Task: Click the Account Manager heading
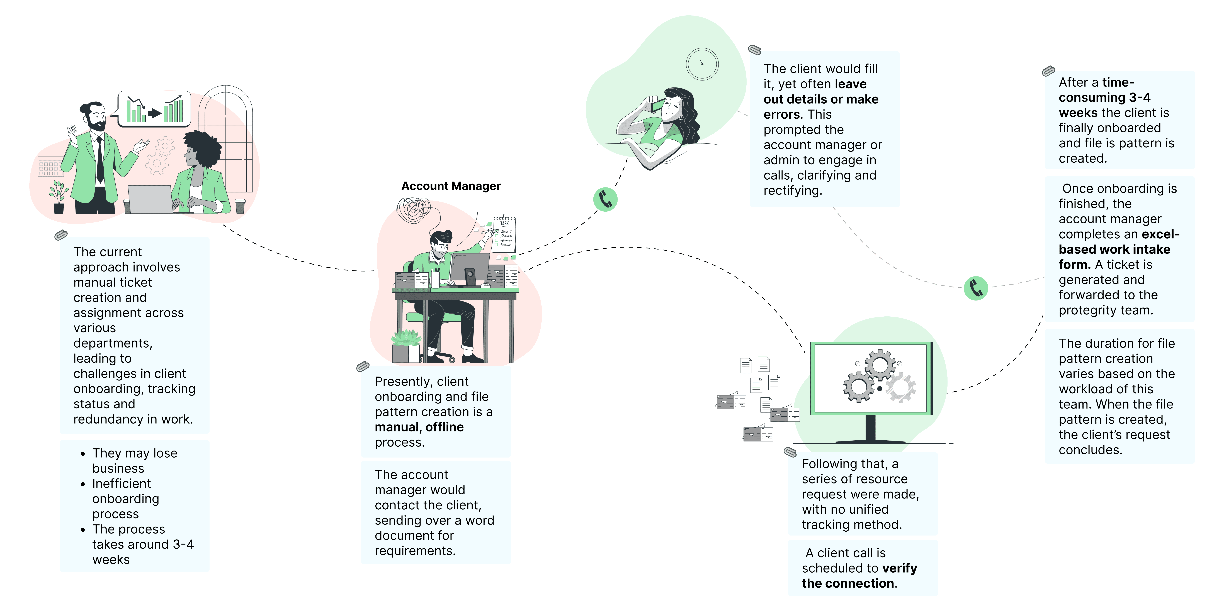[451, 186]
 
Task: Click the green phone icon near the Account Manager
[605, 199]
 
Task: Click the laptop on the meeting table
[150, 199]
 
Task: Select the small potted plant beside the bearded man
[59, 197]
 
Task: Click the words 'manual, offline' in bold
[419, 427]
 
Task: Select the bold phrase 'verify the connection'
[859, 576]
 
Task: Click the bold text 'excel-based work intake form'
[1119, 249]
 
